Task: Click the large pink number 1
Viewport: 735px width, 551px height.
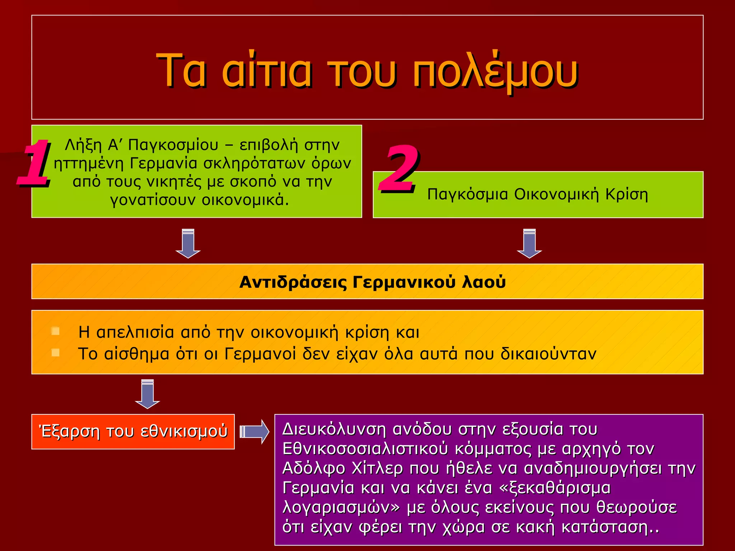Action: point(34,163)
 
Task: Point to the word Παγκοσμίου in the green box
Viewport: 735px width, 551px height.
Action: point(173,145)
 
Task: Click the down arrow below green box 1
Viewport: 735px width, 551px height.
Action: point(188,244)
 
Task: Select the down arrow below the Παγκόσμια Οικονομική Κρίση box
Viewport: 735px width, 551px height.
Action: point(529,244)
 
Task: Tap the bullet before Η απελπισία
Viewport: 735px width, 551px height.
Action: point(55,331)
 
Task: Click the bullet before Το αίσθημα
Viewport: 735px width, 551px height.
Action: point(55,353)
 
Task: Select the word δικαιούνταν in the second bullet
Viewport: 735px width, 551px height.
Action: point(548,354)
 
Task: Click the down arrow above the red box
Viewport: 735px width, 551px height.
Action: point(148,394)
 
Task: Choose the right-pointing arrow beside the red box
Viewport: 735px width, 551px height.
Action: point(254,432)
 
